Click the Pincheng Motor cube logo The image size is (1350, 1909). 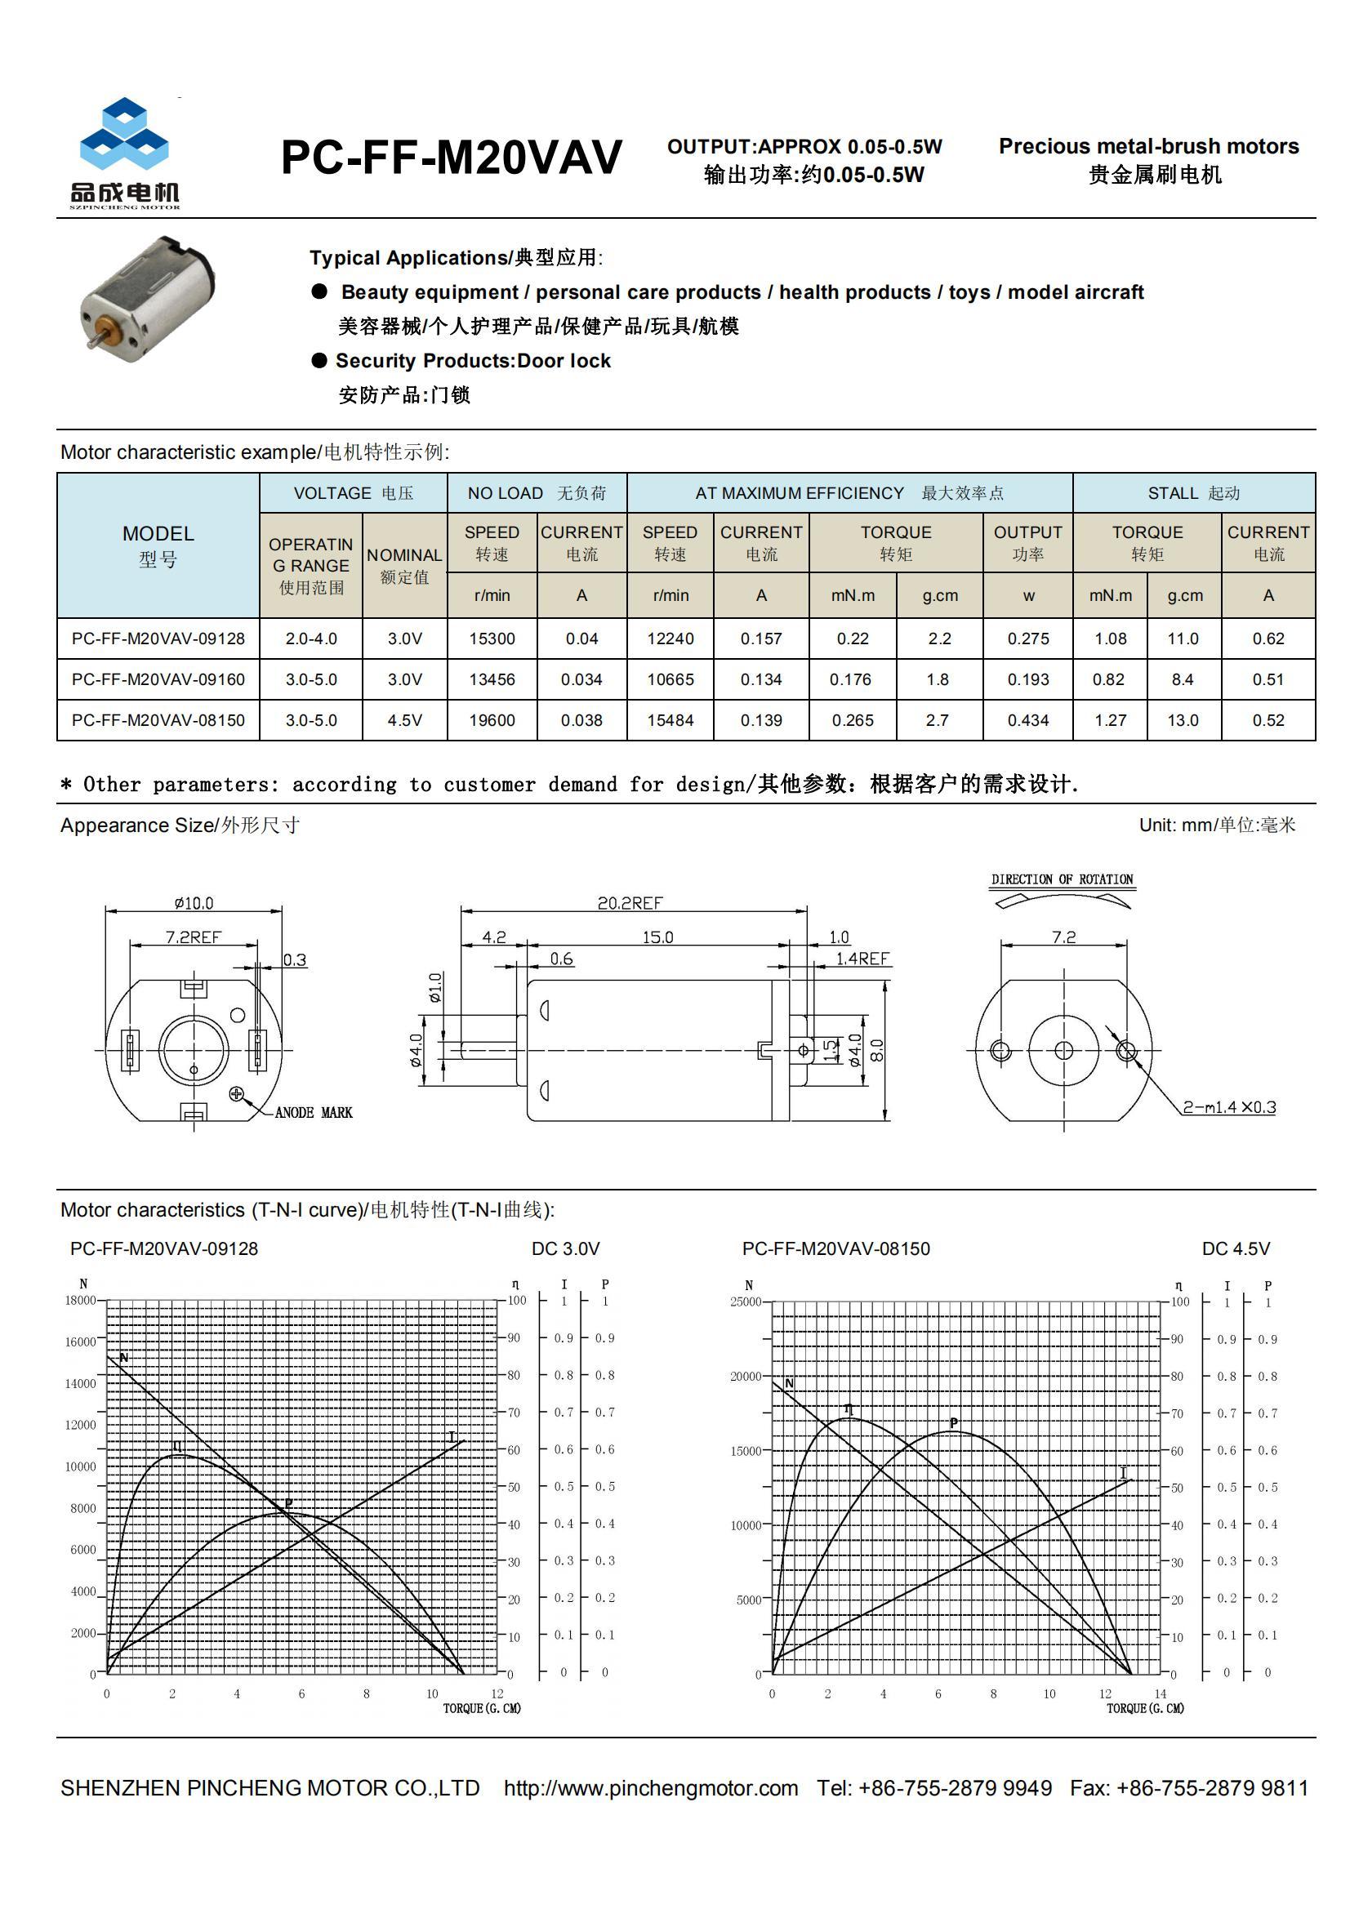pos(124,142)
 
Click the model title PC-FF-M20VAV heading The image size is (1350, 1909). pos(451,157)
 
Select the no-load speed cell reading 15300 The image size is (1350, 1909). pos(492,639)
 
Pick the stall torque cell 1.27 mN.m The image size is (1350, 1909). pos(1110,720)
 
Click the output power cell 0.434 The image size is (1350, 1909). pos(1027,720)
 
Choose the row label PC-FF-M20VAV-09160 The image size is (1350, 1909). pos(158,679)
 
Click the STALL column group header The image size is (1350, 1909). pos(1193,493)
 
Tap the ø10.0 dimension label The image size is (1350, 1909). pos(194,903)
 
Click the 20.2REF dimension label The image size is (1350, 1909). pos(630,903)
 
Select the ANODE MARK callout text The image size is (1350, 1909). pos(314,1112)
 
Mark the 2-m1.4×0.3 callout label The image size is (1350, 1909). pos(1228,1107)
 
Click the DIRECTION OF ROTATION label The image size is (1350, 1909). pos(1062,879)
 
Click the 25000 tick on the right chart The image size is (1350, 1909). pos(746,1302)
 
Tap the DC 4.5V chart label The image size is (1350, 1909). pos(1235,1248)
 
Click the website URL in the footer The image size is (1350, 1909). pos(650,1787)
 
